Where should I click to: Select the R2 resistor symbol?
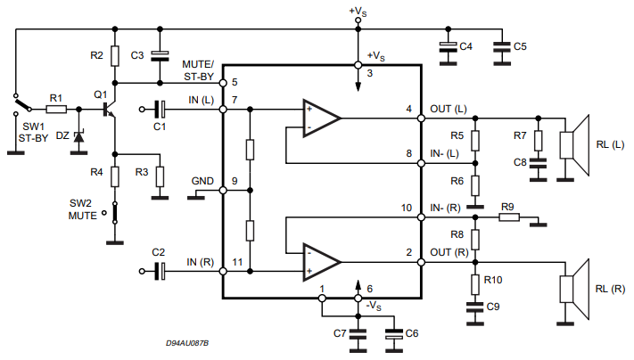[114, 55]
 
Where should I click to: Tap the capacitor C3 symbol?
[161, 55]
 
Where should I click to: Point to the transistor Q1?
[109, 110]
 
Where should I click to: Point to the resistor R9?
[508, 217]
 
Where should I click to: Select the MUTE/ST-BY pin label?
[197, 70]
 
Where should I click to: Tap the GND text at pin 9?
[202, 181]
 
